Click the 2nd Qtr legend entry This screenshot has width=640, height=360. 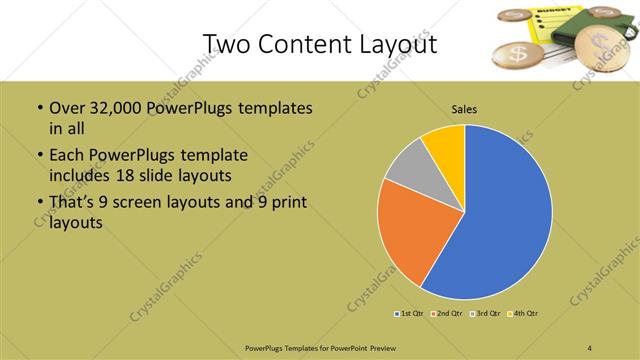447,313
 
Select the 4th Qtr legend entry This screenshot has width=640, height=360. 524,313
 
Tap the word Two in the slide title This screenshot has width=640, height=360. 225,44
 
